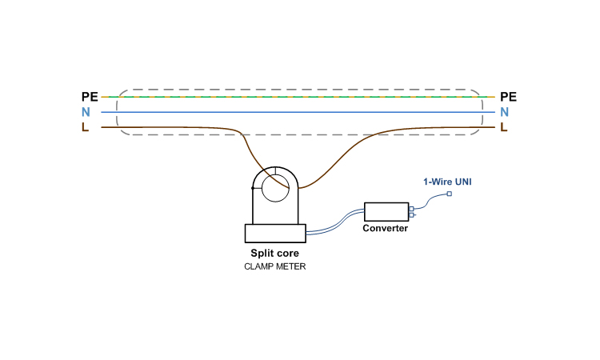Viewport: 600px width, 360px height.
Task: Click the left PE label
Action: coord(90,97)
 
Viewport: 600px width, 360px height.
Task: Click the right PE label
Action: coord(508,97)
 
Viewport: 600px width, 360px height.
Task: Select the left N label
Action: coord(85,112)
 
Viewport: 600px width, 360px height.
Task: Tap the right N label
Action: coord(505,112)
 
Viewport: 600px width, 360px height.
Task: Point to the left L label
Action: coord(85,126)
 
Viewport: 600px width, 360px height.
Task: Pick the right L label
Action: coord(504,126)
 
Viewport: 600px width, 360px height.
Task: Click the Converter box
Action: coord(386,211)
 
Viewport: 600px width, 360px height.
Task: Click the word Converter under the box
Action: coord(386,229)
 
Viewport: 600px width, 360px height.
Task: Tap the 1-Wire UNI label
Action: coord(447,182)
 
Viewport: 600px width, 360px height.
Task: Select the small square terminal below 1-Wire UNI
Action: coord(449,194)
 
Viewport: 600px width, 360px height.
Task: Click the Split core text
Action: coord(275,254)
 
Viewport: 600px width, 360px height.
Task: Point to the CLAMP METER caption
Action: coord(275,266)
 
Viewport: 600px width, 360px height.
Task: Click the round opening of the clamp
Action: coord(275,190)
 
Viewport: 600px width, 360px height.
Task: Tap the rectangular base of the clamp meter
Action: coord(275,233)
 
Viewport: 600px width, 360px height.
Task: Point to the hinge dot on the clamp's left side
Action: coord(253,188)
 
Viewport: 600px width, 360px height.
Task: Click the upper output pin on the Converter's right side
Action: coord(411,209)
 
